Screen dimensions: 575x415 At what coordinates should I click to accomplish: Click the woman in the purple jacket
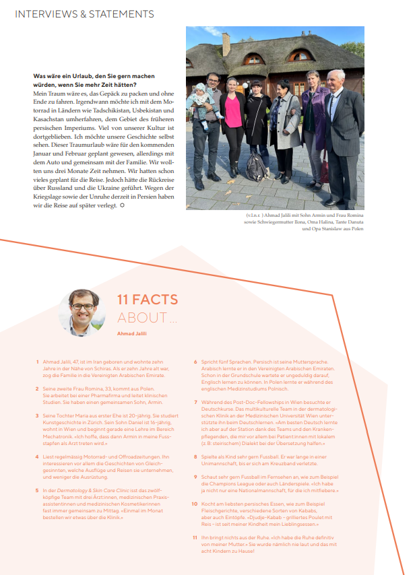coord(314,121)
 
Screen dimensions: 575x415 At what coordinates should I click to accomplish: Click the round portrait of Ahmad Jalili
coord(82,312)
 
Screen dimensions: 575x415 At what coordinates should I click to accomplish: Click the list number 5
coord(37,489)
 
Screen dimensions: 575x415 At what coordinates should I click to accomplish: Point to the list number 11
coord(195,537)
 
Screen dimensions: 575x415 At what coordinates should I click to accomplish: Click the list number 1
coord(37,362)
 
